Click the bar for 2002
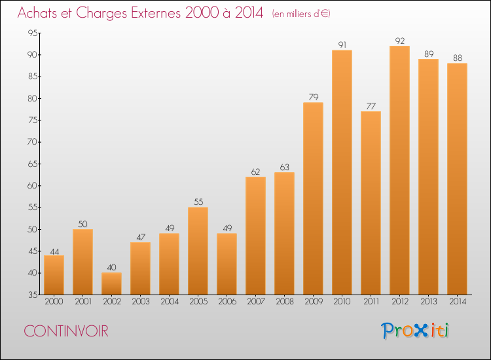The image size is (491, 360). [111, 283]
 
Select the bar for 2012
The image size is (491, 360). [399, 170]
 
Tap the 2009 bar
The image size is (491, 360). [313, 198]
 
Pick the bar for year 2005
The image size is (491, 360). [198, 251]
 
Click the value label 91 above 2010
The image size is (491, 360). [342, 45]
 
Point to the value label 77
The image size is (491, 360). [371, 106]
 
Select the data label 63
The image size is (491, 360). [284, 167]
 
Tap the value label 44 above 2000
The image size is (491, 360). [54, 252]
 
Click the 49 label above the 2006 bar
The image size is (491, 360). [227, 228]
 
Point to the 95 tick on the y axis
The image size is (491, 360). [33, 33]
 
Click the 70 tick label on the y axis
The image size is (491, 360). [33, 142]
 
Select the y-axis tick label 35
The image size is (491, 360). [33, 295]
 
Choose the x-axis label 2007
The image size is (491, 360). [256, 302]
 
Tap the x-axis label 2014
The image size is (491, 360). [458, 302]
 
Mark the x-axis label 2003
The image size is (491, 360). [141, 302]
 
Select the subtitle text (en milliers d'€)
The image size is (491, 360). [301, 14]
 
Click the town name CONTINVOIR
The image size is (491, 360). [66, 331]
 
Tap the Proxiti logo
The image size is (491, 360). [415, 331]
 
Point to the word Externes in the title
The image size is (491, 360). [156, 12]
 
